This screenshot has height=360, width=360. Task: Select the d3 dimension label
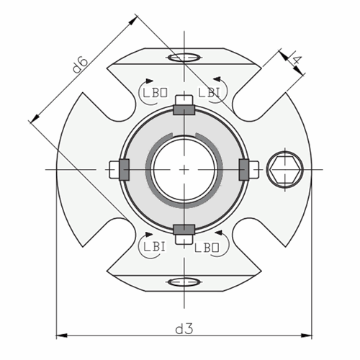(x=184, y=328)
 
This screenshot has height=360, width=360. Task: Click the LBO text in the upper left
(x=154, y=91)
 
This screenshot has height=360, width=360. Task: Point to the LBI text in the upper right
(x=209, y=91)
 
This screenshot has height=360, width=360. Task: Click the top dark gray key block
(x=184, y=109)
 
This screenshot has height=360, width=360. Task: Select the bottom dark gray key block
(x=184, y=229)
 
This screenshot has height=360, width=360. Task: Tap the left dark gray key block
(x=123, y=169)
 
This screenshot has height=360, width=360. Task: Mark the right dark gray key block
(x=243, y=169)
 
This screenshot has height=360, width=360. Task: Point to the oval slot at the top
(x=184, y=56)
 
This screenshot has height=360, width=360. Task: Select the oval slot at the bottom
(x=184, y=282)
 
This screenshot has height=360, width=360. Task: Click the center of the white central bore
(x=184, y=169)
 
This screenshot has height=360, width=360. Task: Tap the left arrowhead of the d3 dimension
(x=60, y=336)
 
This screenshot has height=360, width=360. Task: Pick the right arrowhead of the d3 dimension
(x=307, y=336)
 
